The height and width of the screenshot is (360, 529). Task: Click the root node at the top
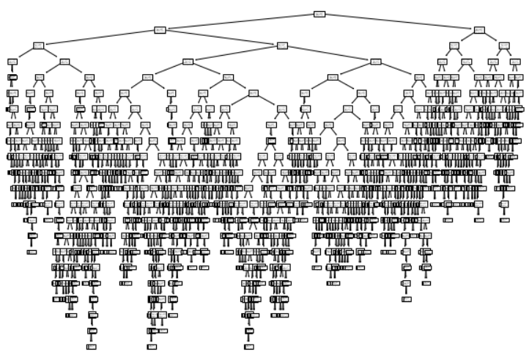[319, 14]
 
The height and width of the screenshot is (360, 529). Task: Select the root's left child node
[160, 30]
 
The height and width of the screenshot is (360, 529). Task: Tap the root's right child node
[478, 30]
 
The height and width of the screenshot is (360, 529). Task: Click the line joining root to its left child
[239, 22]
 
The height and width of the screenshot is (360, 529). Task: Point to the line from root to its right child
[399, 22]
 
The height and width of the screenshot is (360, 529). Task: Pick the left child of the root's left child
[38, 45]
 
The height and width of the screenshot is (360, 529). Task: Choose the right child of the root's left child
[282, 45]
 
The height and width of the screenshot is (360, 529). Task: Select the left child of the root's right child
[454, 45]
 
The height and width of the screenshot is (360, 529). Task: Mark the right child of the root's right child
[504, 45]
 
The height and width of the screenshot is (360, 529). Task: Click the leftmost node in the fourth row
[12, 62]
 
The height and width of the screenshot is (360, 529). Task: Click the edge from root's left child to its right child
[221, 37]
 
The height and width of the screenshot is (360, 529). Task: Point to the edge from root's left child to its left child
[99, 37]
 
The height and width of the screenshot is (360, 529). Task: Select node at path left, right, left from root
[188, 62]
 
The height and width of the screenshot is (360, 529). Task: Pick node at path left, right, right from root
[376, 62]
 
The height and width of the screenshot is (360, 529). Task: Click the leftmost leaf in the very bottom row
[91, 347]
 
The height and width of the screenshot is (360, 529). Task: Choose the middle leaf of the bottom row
[152, 347]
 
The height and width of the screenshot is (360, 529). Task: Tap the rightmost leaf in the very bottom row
[249, 347]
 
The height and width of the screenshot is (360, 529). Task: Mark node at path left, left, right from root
[64, 62]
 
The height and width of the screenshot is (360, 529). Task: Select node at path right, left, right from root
[467, 62]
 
